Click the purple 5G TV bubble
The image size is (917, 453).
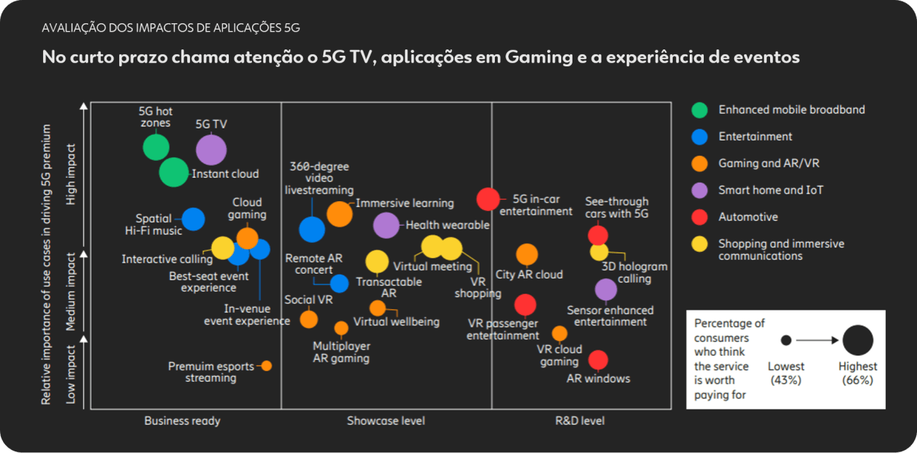click(211, 150)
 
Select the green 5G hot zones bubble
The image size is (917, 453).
click(156, 147)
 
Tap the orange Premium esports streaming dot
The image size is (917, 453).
click(266, 366)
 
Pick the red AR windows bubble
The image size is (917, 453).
click(598, 360)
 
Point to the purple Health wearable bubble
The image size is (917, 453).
click(386, 225)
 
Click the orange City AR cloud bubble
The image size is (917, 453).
click(527, 255)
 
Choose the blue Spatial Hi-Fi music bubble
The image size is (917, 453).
click(193, 219)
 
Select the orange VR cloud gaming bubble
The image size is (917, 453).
click(559, 333)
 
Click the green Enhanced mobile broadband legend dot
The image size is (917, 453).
click(700, 110)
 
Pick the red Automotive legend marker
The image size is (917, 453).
click(700, 217)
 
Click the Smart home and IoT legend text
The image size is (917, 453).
click(771, 190)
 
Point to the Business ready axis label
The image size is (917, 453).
click(182, 421)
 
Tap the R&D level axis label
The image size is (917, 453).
click(580, 421)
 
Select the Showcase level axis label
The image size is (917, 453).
click(385, 421)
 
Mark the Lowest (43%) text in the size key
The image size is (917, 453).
click(786, 373)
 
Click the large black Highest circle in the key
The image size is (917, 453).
click(858, 340)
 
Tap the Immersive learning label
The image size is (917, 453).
click(404, 203)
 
